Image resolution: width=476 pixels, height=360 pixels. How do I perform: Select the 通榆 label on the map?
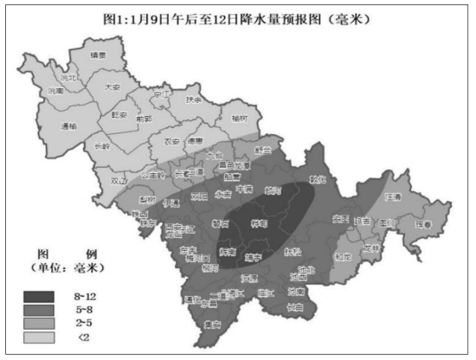70,126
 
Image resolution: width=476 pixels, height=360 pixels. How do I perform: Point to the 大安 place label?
112,87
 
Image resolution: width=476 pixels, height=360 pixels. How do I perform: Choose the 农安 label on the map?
170,141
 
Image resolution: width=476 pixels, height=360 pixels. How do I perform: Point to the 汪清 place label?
394,197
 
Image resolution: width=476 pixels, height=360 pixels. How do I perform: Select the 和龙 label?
343,256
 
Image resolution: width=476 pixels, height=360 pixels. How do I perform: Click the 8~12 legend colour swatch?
42,296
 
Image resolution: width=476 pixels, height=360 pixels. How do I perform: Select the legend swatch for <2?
42,336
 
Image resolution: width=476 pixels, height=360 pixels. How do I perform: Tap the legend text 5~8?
84,309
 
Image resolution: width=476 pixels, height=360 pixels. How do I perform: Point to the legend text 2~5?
84,322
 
